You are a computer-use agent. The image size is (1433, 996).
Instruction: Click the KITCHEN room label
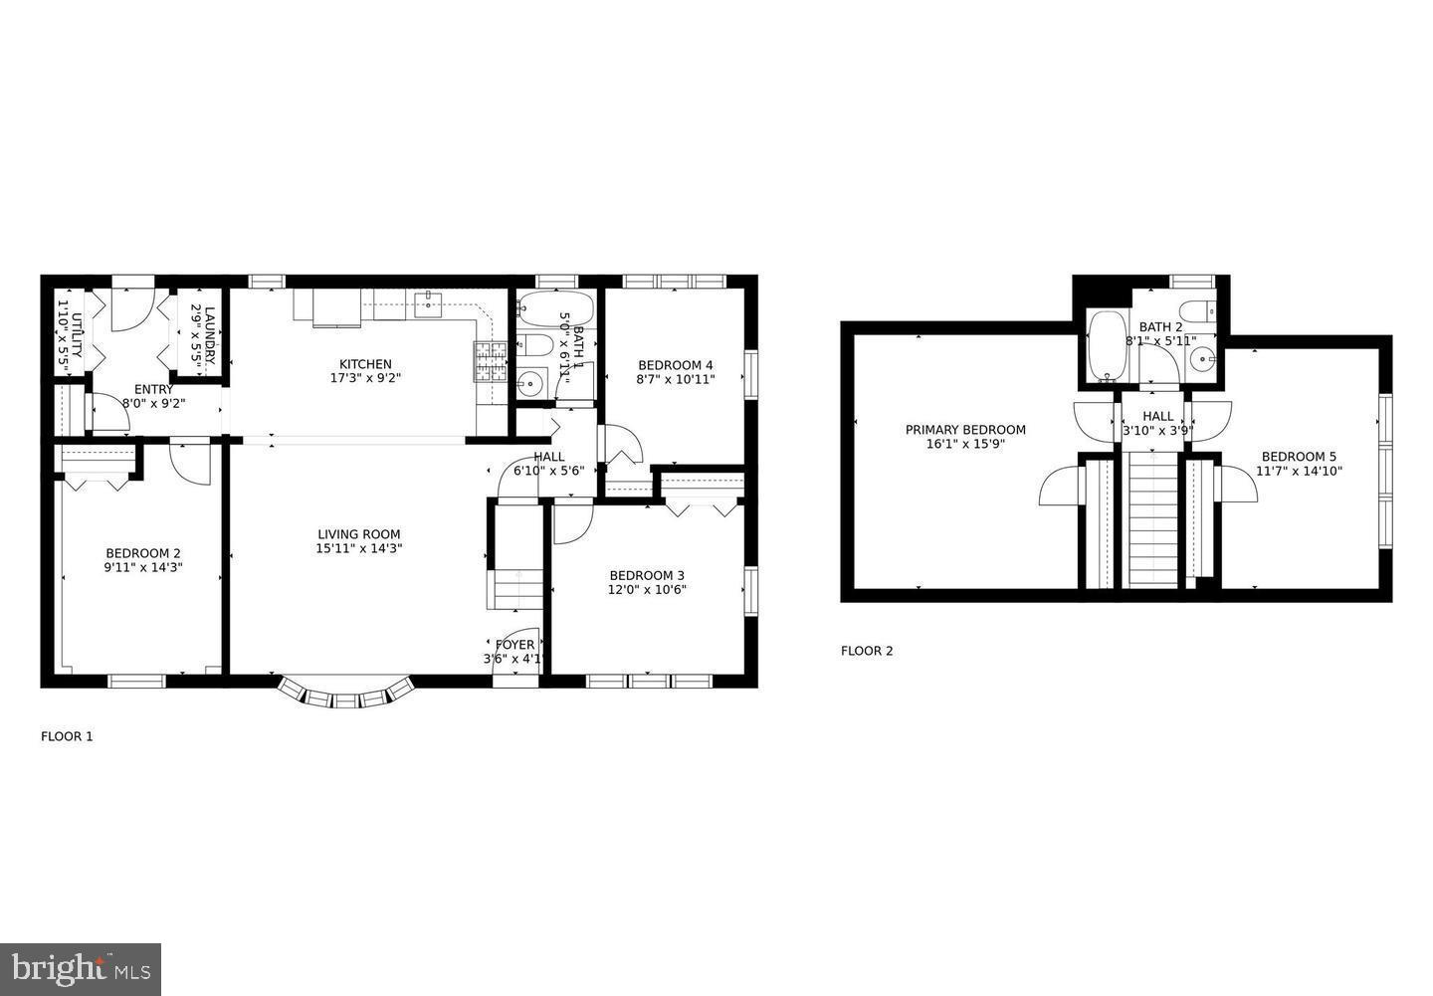(x=365, y=364)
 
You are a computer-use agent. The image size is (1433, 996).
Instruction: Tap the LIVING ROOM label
(x=359, y=534)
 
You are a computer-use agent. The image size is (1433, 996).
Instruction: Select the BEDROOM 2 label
(x=143, y=553)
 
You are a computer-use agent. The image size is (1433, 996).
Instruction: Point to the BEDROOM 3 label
(x=647, y=575)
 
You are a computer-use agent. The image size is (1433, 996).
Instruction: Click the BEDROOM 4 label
(x=676, y=364)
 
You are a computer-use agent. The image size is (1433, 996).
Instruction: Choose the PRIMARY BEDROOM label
(x=965, y=430)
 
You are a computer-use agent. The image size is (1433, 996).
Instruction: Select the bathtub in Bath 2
(x=1107, y=346)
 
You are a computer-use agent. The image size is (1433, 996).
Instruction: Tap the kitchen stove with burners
(x=490, y=362)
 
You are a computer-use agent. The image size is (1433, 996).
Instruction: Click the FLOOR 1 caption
(x=67, y=736)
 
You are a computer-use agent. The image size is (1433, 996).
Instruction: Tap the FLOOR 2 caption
(x=867, y=651)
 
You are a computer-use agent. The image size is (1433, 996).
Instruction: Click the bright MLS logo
(x=81, y=968)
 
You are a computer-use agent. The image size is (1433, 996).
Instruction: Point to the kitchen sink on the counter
(x=428, y=302)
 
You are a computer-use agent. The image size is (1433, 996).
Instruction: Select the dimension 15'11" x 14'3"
(x=359, y=548)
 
